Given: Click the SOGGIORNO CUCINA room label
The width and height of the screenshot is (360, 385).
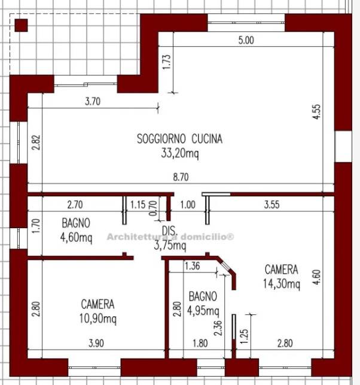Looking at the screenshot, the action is click(180, 139).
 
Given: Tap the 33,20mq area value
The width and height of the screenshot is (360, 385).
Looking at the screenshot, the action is click(180, 153).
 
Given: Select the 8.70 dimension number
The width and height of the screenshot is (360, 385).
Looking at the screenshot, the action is click(181, 177).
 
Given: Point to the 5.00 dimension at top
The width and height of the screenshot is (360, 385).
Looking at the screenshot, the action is click(246, 40).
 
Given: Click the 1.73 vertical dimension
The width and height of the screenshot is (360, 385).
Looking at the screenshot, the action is click(166, 62).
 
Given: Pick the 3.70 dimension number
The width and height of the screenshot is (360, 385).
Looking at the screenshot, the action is click(93, 101).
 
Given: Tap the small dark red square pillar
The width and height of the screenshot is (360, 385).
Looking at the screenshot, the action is click(21, 26).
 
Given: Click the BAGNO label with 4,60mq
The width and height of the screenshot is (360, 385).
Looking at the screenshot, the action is click(76, 223).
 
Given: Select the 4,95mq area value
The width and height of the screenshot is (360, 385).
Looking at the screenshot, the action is click(203, 311).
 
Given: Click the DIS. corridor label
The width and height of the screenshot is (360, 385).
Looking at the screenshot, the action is click(169, 231).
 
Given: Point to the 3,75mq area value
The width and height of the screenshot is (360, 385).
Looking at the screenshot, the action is click(170, 245).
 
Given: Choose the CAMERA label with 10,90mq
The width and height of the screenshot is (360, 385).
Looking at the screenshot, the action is click(97, 304).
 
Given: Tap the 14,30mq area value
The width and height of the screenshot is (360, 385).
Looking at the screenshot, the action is click(282, 284).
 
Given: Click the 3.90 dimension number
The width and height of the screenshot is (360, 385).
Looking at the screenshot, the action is click(96, 343).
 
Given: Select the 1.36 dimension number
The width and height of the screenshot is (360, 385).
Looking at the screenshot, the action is click(193, 266).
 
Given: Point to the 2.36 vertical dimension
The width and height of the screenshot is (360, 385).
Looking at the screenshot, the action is click(218, 328).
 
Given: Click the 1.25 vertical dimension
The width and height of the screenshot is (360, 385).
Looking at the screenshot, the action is click(244, 337).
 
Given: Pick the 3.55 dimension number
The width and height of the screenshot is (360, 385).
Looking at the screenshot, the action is click(271, 205).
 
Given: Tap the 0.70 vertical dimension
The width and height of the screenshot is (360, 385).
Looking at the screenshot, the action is click(153, 208).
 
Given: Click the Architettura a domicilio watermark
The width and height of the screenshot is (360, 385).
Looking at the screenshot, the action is click(170, 237).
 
